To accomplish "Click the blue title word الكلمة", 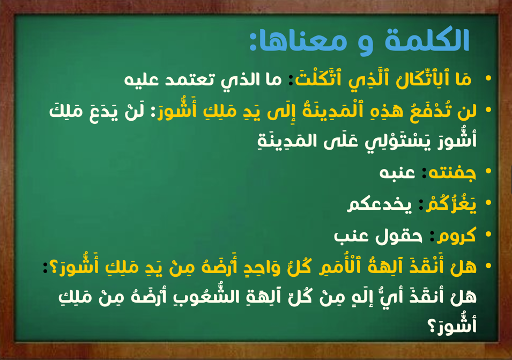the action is point(427,40).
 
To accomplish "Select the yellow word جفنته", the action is point(452,173).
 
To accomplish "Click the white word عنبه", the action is point(397,172).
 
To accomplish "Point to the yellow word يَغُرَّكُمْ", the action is point(450,204).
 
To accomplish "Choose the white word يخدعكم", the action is point(380,204).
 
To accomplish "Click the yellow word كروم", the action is point(456,235).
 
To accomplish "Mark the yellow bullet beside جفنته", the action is point(488,171).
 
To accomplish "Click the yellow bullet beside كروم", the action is point(488,234).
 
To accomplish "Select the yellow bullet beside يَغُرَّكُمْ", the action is point(488,203).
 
